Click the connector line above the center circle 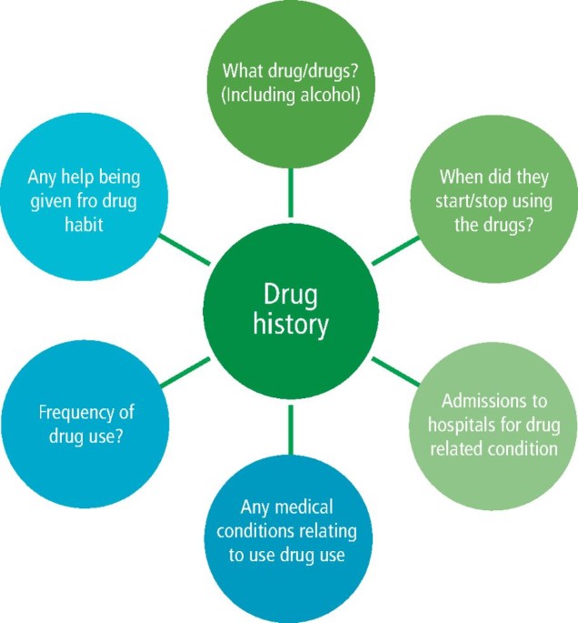[x=290, y=191]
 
